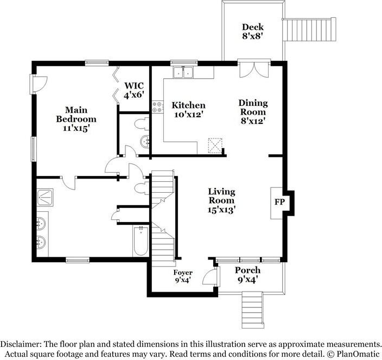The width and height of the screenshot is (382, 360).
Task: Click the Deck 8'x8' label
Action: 253,31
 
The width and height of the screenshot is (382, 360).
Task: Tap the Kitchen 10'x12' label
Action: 189,110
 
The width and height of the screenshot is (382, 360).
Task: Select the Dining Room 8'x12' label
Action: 253,112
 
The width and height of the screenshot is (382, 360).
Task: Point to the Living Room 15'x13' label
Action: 221,201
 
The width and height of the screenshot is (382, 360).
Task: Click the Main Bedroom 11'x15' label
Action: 77,119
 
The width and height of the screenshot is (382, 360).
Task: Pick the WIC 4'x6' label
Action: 134,90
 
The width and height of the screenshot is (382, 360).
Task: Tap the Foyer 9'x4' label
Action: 183,276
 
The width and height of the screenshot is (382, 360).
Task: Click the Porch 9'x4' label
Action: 247,275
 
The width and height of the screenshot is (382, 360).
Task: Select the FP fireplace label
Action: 279,202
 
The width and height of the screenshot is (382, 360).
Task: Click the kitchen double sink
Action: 183,72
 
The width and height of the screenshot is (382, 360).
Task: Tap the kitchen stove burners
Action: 157,108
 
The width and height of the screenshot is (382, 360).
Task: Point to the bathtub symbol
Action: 141,241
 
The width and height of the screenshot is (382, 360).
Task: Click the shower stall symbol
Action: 45,197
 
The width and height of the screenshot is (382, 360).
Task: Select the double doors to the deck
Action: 254,70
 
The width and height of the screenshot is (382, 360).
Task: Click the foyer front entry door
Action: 210,276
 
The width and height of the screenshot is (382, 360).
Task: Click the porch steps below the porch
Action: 252,310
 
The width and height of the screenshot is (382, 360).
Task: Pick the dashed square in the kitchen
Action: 215,146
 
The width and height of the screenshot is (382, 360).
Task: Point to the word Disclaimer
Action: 21,344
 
